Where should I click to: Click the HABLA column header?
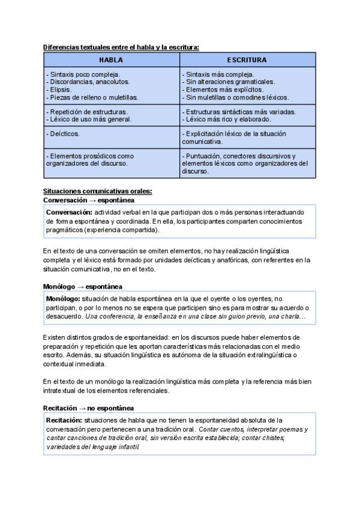[x=111, y=60]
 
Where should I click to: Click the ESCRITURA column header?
[x=247, y=60]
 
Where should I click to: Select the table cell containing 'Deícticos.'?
[x=111, y=134]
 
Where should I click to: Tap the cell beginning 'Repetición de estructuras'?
[x=111, y=115]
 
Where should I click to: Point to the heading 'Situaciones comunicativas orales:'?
[x=98, y=191]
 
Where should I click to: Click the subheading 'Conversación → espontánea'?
[x=89, y=200]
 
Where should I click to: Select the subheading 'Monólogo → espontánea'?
[x=83, y=286]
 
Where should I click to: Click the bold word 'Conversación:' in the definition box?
[x=69, y=212]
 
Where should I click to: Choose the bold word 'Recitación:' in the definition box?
[x=65, y=420]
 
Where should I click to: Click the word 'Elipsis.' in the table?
[x=59, y=89]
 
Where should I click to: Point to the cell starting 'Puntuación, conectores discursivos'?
[x=247, y=163]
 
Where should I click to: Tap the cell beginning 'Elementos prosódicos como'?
[x=111, y=159]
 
